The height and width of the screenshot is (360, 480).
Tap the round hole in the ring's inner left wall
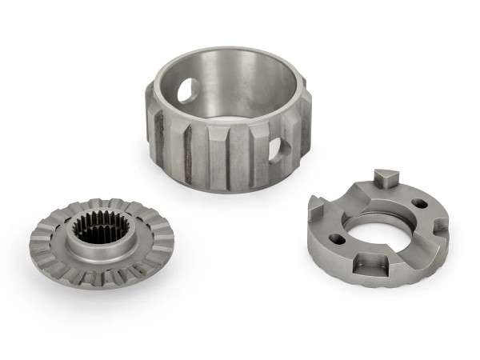(185, 90)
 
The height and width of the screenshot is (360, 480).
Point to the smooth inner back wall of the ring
(240, 88)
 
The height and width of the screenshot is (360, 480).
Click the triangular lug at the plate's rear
(384, 179)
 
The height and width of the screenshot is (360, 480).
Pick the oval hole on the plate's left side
(338, 238)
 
